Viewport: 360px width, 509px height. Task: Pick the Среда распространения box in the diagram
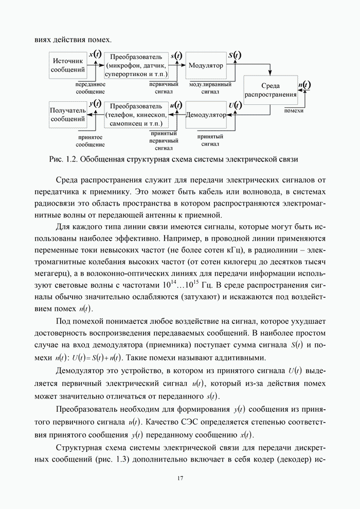coord(270,90)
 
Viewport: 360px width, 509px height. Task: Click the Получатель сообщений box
coord(68,115)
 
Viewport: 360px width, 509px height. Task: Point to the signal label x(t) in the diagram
coord(95,53)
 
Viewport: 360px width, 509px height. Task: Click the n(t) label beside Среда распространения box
coord(304,85)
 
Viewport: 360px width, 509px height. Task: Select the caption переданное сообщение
coord(90,87)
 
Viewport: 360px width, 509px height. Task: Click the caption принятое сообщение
coord(90,141)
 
